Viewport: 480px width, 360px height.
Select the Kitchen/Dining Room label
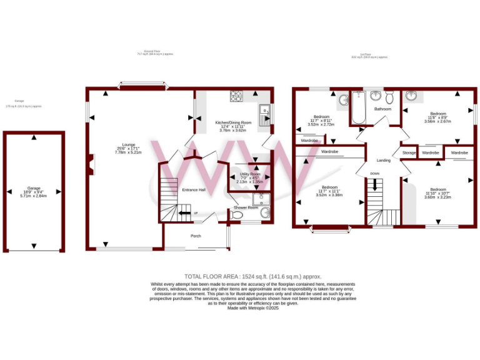coord(233,122)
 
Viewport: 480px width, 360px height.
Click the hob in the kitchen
coord(236,96)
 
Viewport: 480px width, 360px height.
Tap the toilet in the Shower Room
coord(236,215)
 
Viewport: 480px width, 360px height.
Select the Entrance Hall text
coord(193,190)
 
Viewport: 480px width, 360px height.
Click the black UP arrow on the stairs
coord(185,214)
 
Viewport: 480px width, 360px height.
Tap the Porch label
coord(196,236)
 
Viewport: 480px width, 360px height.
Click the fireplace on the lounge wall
coord(91,164)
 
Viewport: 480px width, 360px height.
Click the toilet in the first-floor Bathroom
coord(389,97)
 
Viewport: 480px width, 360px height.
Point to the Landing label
coord(384,160)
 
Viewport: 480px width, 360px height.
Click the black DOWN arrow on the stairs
coord(375,184)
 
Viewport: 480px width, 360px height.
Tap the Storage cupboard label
coord(409,152)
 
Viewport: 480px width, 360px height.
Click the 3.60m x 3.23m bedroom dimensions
coord(437,197)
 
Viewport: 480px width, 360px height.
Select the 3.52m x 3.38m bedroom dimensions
coord(330,194)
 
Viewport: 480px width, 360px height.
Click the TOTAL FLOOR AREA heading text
coord(252,276)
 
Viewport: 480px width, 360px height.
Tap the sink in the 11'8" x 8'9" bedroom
coord(412,96)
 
